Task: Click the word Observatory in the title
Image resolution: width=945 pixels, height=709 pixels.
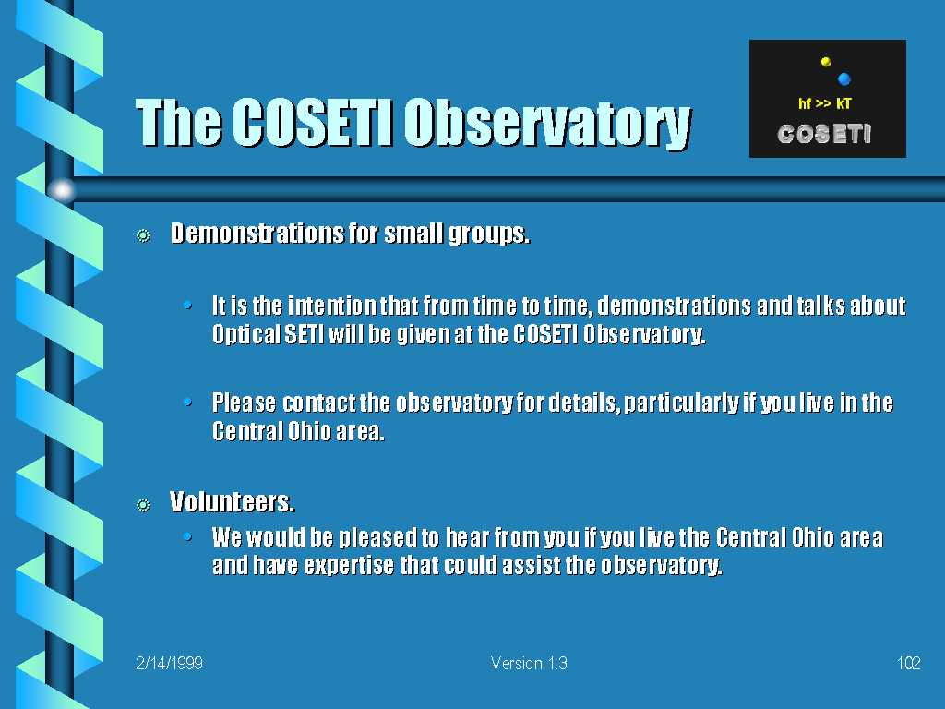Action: [x=547, y=123]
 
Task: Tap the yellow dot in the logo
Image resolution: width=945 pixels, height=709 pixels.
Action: [x=826, y=62]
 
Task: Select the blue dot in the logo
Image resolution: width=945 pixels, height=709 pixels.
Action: [x=843, y=78]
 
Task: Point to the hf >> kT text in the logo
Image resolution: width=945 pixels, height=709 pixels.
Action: [x=824, y=103]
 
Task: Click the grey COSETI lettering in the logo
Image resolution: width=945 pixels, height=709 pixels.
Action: [x=824, y=134]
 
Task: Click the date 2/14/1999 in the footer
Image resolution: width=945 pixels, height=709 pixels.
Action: [x=170, y=663]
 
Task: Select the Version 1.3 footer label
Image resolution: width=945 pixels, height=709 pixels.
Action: [x=529, y=663]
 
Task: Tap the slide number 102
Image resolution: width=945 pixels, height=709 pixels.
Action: [x=908, y=663]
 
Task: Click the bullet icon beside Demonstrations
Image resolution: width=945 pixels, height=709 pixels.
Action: [x=143, y=235]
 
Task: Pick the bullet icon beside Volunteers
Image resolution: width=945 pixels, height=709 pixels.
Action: [x=143, y=504]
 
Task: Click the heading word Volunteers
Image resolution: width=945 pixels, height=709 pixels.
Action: [x=232, y=501]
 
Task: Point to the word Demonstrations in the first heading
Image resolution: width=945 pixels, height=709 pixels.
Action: [x=257, y=233]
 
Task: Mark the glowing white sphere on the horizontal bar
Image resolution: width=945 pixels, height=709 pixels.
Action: [x=62, y=190]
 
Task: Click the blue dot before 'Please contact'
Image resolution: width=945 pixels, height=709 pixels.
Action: [x=188, y=402]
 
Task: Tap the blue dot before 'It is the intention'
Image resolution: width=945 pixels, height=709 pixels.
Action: [x=188, y=305]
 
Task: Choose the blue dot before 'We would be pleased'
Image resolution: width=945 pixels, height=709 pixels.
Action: [x=188, y=536]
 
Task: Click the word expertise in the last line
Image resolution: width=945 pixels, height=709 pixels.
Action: [x=348, y=566]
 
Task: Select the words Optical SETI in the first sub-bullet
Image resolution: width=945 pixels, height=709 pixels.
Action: [x=268, y=334]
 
